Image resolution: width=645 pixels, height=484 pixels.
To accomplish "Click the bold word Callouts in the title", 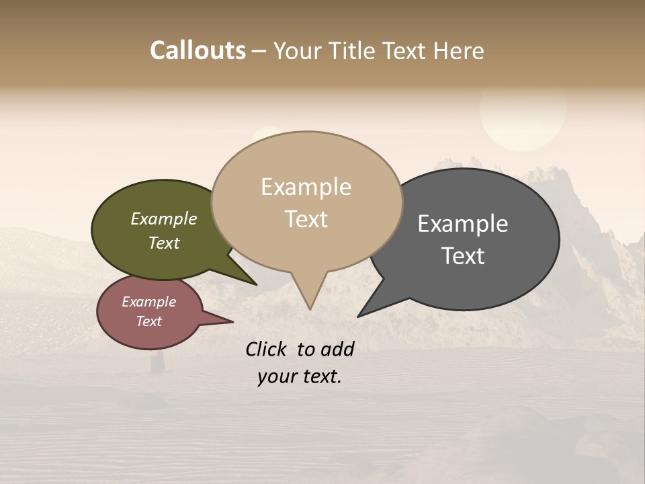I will (198, 50).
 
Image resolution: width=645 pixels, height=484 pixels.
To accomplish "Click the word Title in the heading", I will (353, 51).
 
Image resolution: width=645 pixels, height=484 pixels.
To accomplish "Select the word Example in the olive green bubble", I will (163, 219).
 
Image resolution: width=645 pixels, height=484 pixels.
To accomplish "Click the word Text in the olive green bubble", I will (163, 243).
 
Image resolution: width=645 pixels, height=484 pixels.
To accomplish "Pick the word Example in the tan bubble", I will (306, 187).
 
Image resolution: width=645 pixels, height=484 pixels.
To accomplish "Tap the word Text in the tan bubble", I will (306, 219).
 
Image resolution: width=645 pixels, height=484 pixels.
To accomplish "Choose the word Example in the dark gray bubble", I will (462, 224).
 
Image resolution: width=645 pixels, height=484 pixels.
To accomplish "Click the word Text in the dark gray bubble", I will (463, 256).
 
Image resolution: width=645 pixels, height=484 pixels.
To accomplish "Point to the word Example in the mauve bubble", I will (148, 302).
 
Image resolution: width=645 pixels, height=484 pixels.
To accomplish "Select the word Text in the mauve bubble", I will (148, 321).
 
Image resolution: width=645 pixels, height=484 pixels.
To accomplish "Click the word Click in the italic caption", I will (268, 349).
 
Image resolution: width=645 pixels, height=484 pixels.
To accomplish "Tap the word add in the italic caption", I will (337, 349).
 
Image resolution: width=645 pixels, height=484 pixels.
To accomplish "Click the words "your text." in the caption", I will (300, 376).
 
